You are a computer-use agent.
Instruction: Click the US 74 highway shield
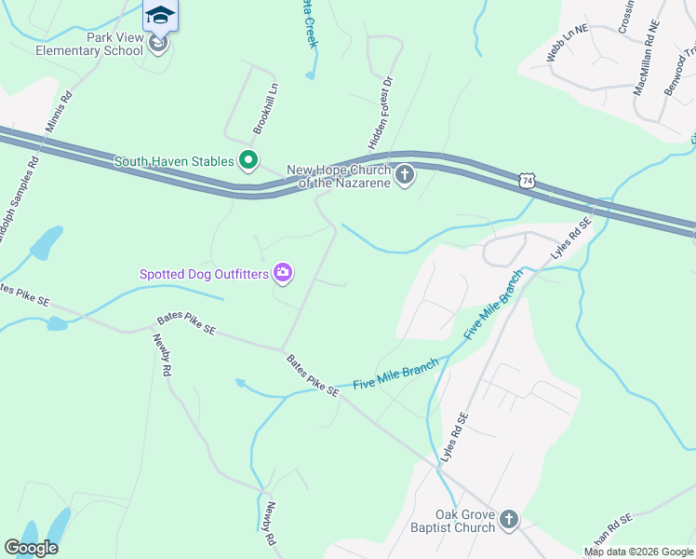coord(528,180)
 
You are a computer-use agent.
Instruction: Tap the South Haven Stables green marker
coord(248,161)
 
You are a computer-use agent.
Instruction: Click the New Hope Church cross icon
coord(405,175)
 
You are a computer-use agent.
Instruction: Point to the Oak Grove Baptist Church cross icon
coord(508,520)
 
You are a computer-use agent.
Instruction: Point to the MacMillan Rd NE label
coord(646,59)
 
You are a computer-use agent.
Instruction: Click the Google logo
coord(32,548)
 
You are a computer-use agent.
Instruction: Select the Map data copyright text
coord(639,552)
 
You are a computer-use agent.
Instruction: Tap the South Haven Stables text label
coord(173,161)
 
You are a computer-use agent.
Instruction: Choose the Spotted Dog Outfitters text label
coord(204,274)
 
